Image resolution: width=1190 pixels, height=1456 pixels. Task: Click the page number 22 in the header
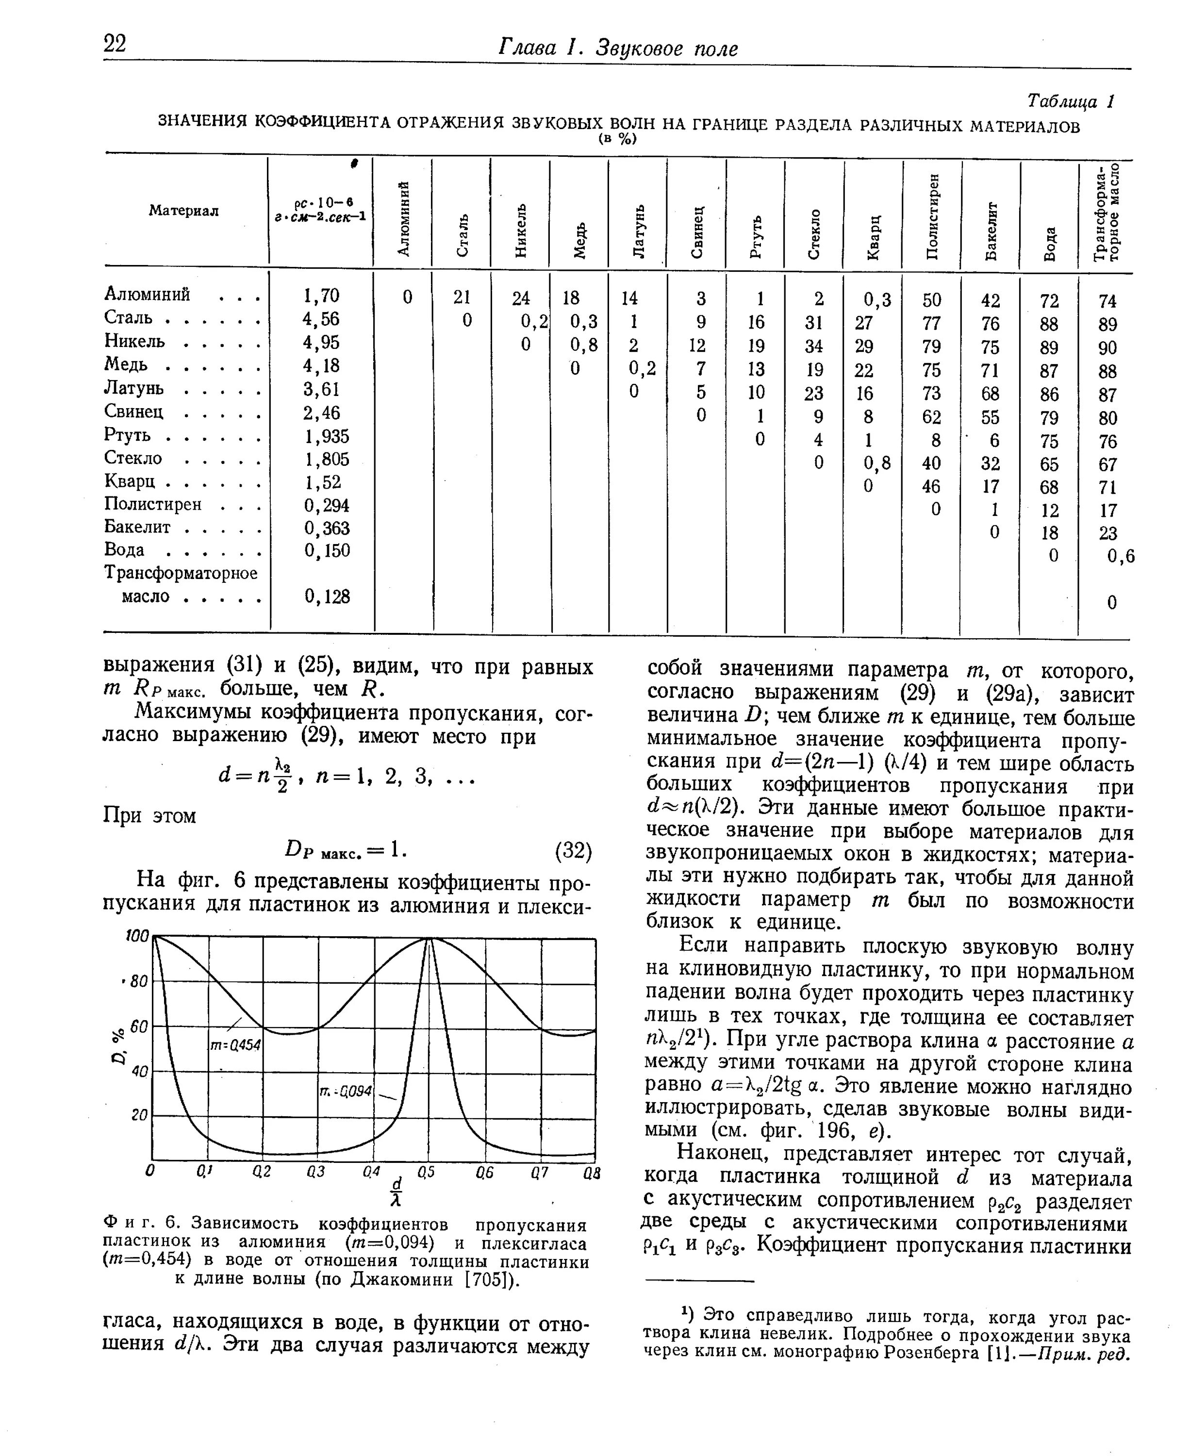tap(115, 44)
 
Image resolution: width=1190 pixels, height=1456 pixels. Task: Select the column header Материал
tap(184, 211)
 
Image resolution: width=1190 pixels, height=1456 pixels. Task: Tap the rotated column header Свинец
tap(697, 232)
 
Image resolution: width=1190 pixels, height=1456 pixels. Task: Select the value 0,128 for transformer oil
tap(327, 597)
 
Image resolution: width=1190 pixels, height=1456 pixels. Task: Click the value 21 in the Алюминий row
tap(462, 297)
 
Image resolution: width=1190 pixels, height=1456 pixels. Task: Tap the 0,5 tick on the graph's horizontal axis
tap(426, 1172)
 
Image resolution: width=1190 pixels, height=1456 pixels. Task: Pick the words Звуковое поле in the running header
tap(666, 49)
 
